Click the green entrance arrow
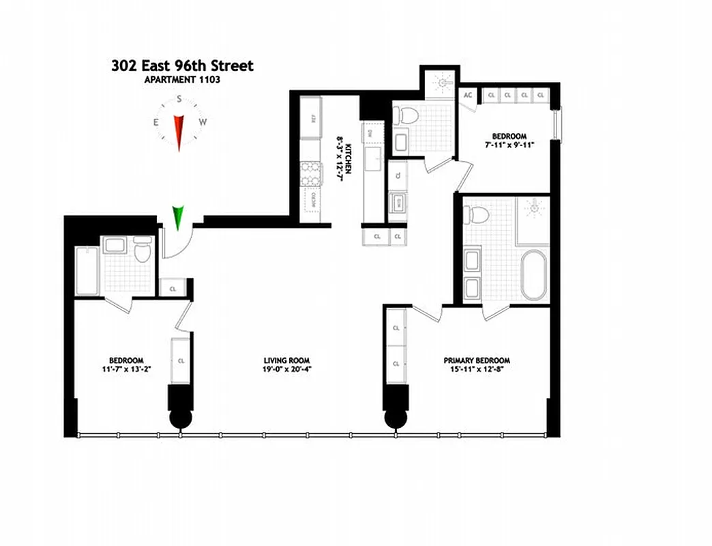pyautogui.click(x=179, y=216)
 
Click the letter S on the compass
pyautogui.click(x=179, y=99)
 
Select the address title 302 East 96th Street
pyautogui.click(x=182, y=66)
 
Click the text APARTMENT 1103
pyautogui.click(x=181, y=80)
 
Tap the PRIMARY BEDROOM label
pyautogui.click(x=477, y=360)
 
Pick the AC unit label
pyautogui.click(x=468, y=96)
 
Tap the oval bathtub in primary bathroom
pyautogui.click(x=534, y=274)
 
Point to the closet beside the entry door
pyautogui.click(x=173, y=288)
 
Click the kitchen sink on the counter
pyautogui.click(x=374, y=161)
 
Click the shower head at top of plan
pyautogui.click(x=444, y=83)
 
